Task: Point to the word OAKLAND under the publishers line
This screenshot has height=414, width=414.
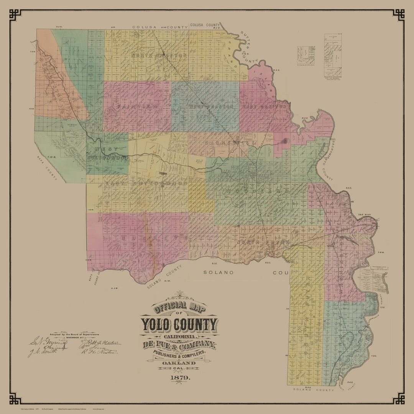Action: click(x=179, y=363)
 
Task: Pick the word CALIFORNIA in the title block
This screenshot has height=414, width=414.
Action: click(x=179, y=336)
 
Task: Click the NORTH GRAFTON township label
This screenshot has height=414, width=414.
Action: click(x=159, y=56)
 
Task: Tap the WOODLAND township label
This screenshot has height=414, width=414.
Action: click(x=257, y=191)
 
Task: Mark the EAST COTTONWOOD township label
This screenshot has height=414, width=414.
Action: click(x=146, y=184)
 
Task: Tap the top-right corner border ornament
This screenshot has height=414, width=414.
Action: click(x=398, y=15)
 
